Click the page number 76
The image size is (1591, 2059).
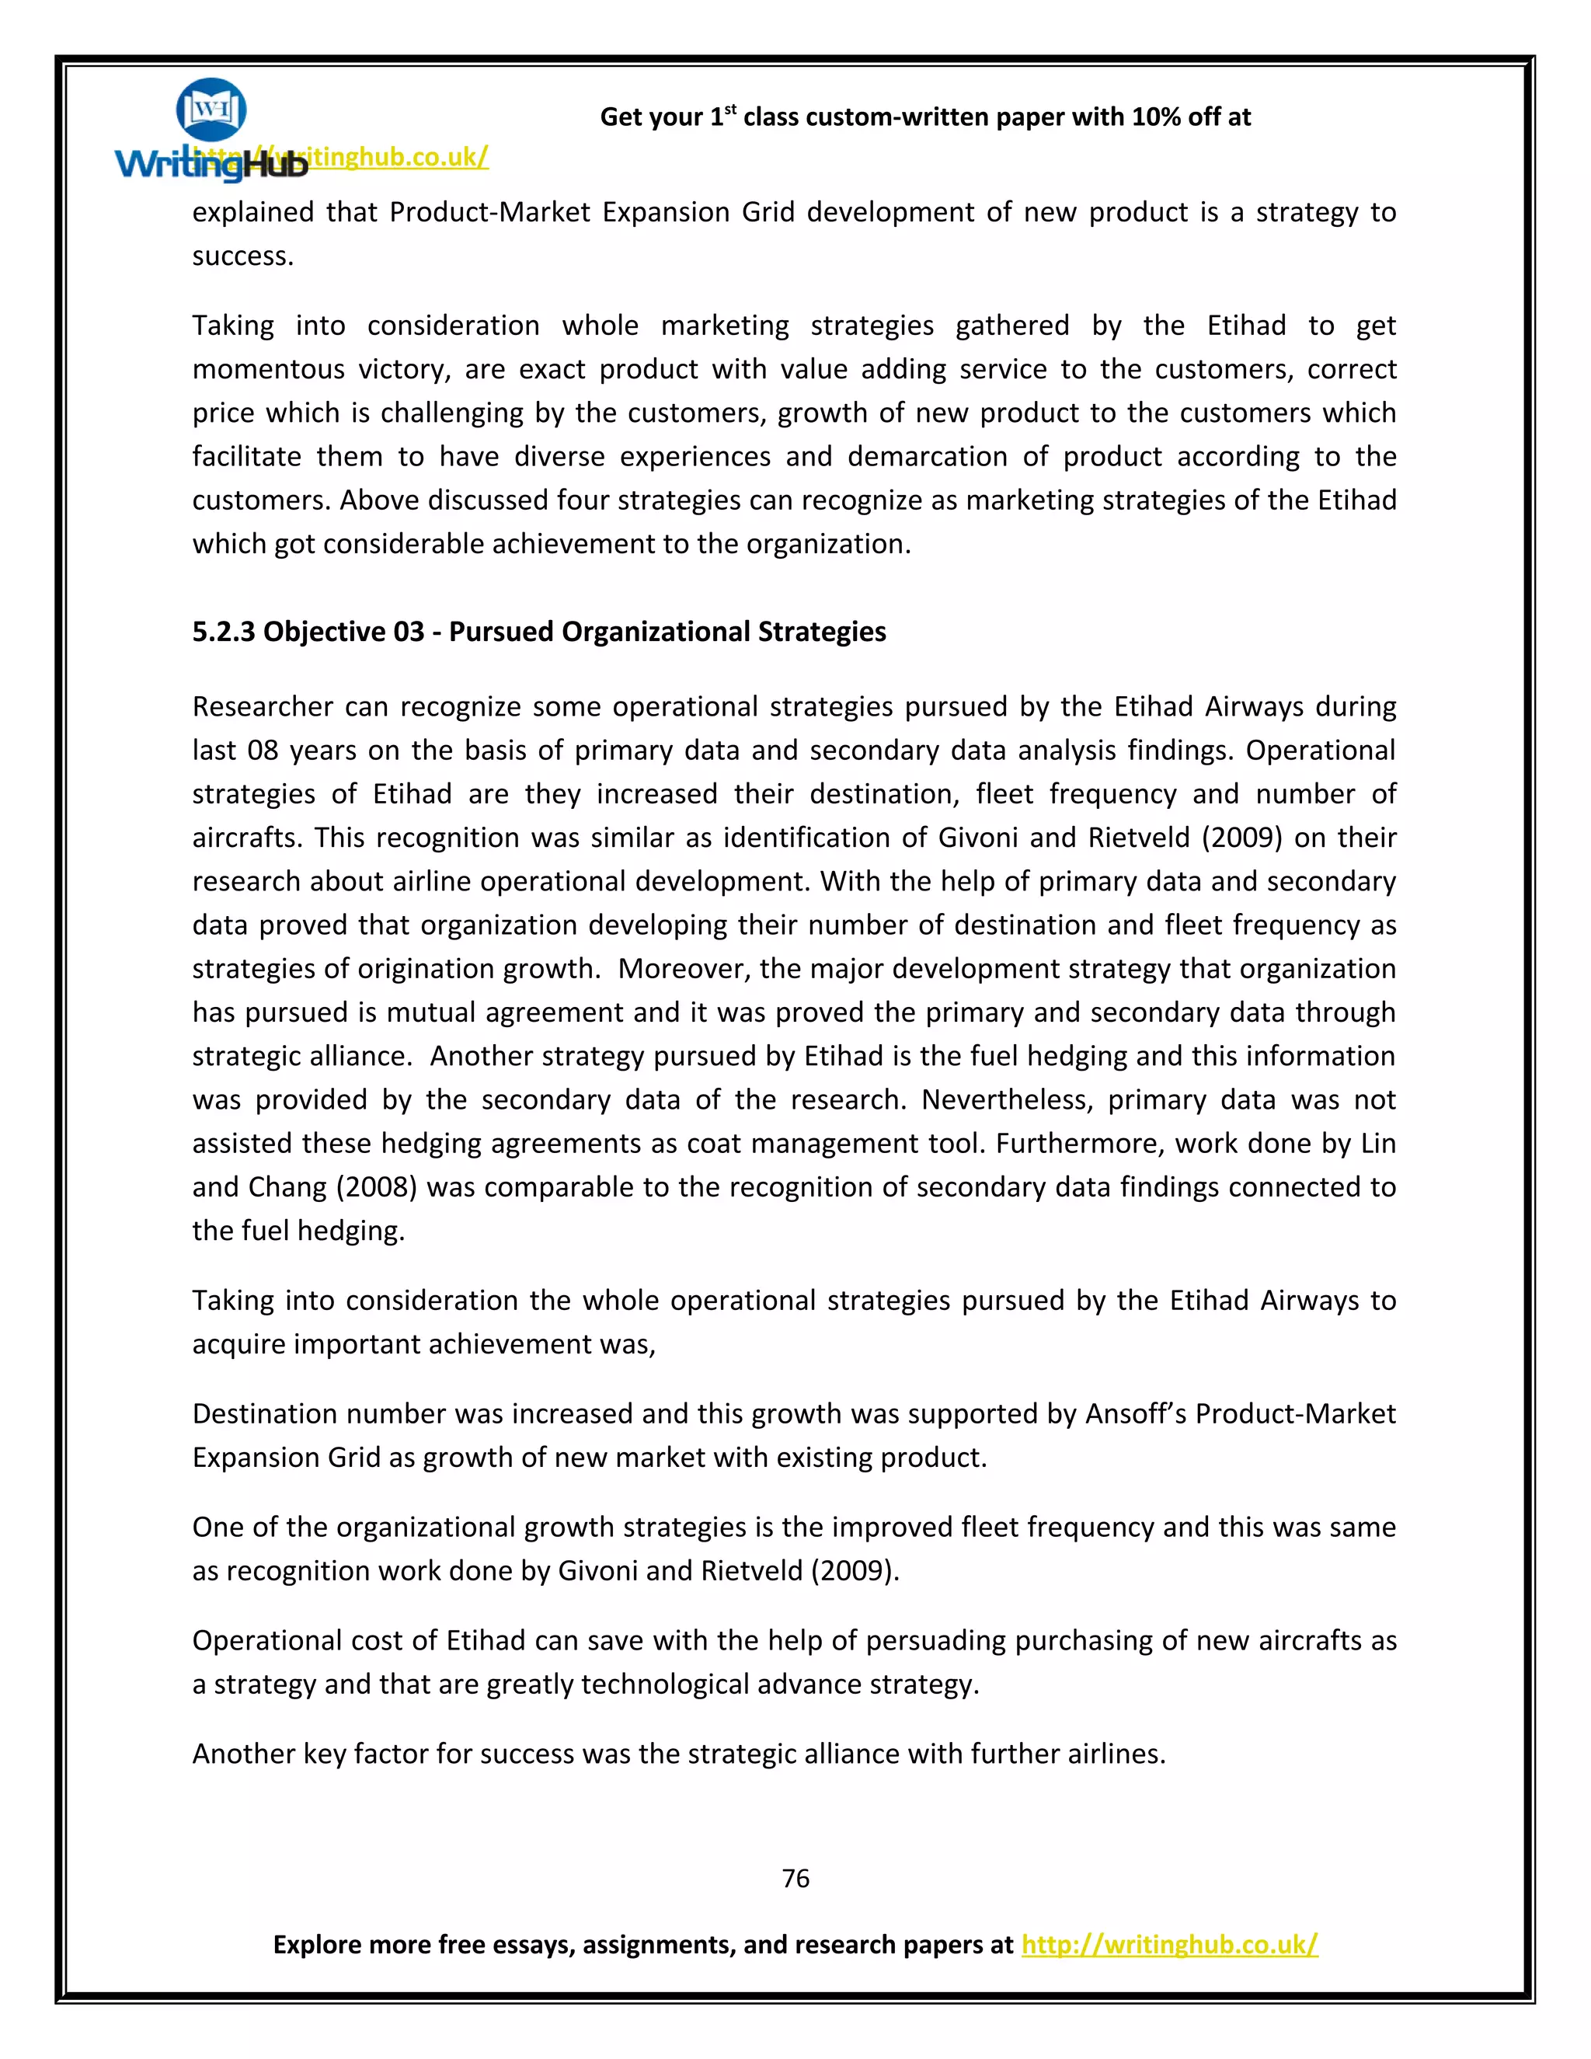(795, 1878)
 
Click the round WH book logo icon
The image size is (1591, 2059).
(211, 110)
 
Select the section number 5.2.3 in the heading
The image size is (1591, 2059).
(224, 632)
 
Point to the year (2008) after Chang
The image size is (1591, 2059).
(376, 1187)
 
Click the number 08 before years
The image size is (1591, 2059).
(263, 751)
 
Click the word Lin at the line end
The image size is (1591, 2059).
(1378, 1144)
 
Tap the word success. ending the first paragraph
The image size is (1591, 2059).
(243, 256)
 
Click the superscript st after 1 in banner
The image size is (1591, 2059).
(730, 110)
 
